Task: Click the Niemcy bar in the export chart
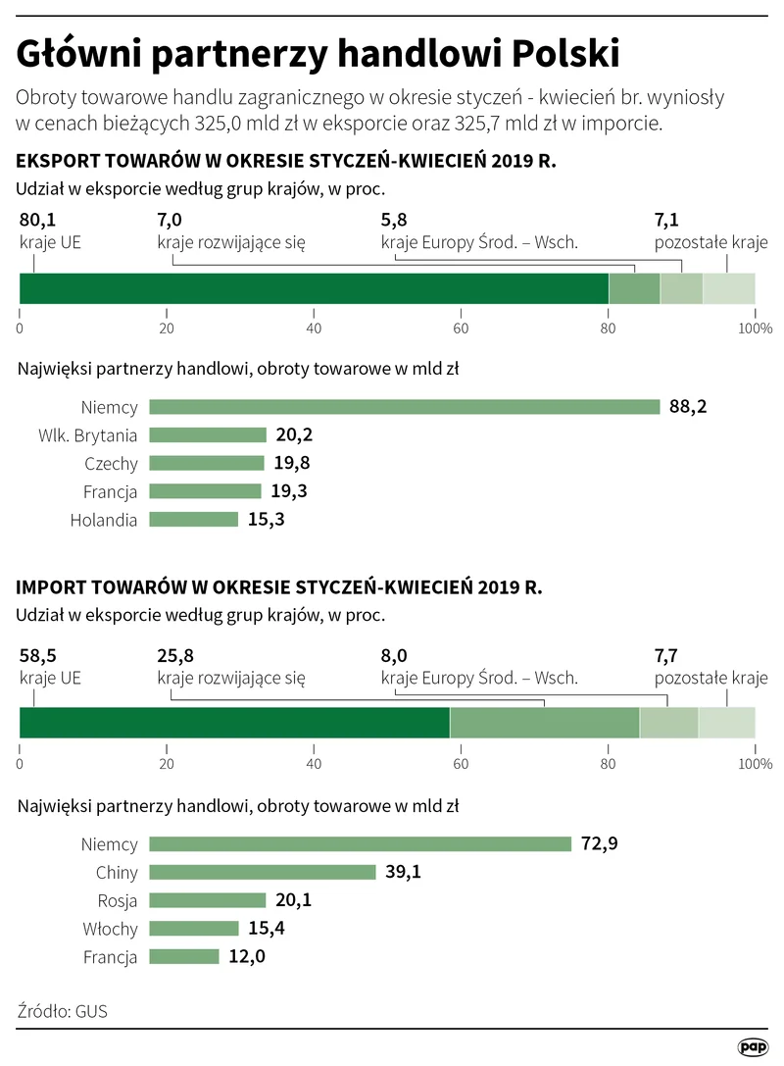click(x=404, y=407)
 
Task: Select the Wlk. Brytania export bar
click(x=208, y=434)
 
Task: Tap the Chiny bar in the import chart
click(x=263, y=872)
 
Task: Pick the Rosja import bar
click(x=208, y=900)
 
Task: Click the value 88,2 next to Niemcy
click(x=689, y=407)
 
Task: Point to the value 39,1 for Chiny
click(x=403, y=872)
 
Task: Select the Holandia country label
click(x=104, y=520)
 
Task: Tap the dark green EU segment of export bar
click(x=314, y=288)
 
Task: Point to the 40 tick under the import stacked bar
click(x=314, y=762)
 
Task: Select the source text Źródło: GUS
click(x=63, y=1010)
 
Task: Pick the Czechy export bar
click(x=207, y=463)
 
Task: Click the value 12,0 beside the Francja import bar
click(x=247, y=957)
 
